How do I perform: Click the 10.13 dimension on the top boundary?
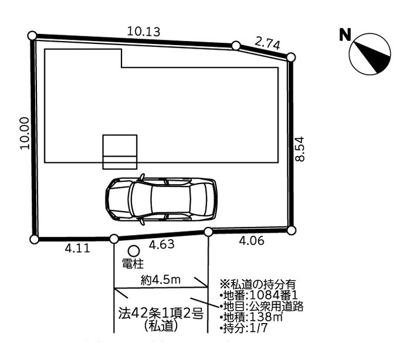click(x=144, y=32)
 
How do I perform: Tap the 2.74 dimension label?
click(x=267, y=43)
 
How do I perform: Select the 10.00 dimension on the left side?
click(x=25, y=133)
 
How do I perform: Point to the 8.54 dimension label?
click(x=300, y=149)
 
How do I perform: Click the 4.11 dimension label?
click(x=77, y=249)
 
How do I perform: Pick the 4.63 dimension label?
click(x=162, y=244)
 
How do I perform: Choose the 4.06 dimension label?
click(x=252, y=241)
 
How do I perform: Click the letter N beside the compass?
click(x=345, y=35)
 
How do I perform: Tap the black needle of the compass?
click(x=373, y=58)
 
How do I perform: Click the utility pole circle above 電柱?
click(x=134, y=250)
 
